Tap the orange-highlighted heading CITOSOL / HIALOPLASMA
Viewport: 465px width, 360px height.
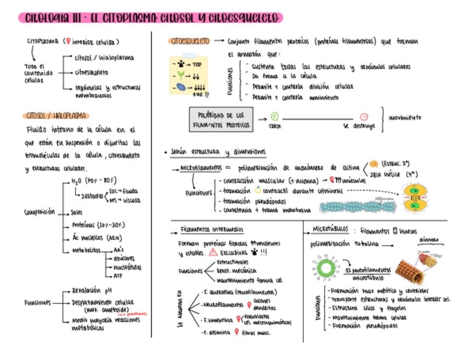pos(56,116)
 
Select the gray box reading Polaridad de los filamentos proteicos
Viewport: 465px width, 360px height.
pos(222,120)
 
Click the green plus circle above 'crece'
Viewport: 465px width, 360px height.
pos(275,116)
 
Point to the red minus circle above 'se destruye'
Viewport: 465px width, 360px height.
pos(364,116)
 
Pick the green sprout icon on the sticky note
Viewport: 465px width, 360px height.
pos(181,76)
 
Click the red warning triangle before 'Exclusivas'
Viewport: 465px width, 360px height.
pos(213,252)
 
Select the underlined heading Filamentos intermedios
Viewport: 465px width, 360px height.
pos(212,229)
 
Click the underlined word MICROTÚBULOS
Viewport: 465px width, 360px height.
pos(329,229)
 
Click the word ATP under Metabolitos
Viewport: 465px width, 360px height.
pos(117,275)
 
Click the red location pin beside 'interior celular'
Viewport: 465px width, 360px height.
pos(67,41)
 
